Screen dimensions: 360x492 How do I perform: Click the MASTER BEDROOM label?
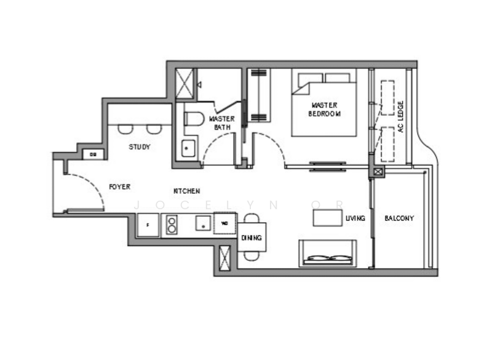[x=325, y=110]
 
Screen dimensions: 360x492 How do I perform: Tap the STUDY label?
[x=140, y=147]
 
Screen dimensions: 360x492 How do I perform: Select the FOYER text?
[x=119, y=186]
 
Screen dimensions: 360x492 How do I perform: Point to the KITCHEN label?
[x=186, y=191]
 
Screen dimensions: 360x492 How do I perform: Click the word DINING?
[x=252, y=238]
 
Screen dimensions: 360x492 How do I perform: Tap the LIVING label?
[x=355, y=218]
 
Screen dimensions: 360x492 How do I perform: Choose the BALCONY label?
[x=399, y=218]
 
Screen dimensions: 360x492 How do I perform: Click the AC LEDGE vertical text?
[x=400, y=118]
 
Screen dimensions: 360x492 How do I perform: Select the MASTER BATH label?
[x=221, y=122]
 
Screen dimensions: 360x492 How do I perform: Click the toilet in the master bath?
[x=194, y=119]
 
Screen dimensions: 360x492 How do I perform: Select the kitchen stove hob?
[x=172, y=225]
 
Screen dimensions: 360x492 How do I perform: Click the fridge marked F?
[x=148, y=225]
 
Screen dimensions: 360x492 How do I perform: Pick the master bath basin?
[x=188, y=148]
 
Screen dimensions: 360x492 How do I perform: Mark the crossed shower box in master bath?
[x=185, y=84]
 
